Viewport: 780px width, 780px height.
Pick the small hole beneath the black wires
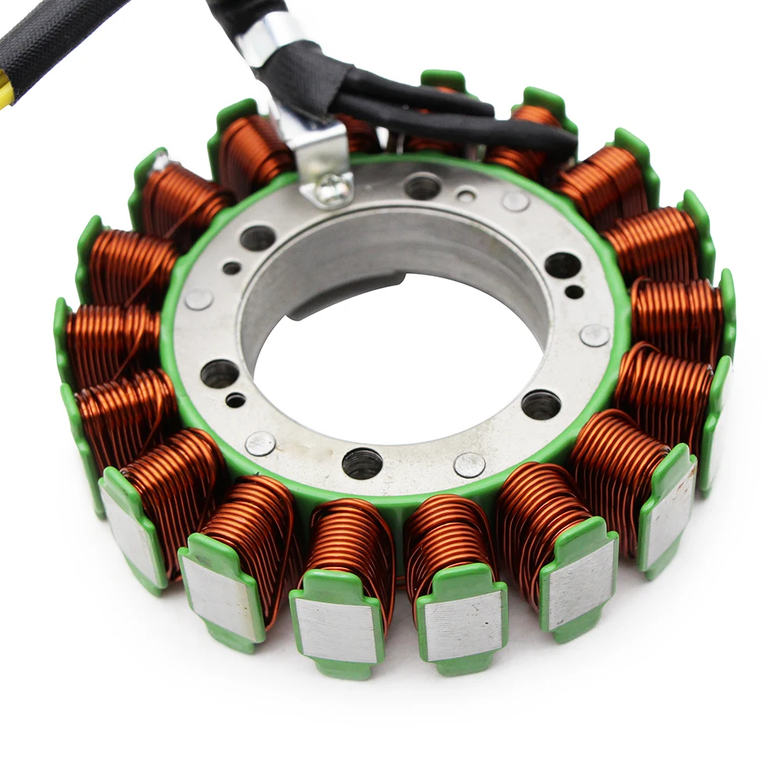click(466, 195)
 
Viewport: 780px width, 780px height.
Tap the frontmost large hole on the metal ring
click(362, 463)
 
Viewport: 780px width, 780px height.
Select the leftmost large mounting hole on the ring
click(219, 374)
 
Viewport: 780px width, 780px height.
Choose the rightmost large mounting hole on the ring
click(562, 265)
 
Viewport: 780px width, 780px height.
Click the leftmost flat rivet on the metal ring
click(199, 300)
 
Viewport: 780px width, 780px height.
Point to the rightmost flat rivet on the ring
click(594, 335)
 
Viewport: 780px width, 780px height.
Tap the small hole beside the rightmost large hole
click(575, 292)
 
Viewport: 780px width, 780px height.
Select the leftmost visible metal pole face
click(132, 538)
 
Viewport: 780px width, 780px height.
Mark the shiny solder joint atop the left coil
click(161, 162)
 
